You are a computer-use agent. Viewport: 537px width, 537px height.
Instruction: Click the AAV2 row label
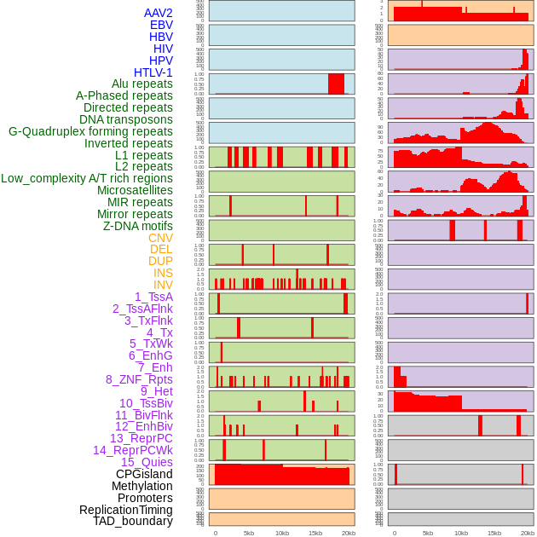[x=159, y=13]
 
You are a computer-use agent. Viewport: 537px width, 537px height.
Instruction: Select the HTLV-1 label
[x=153, y=72]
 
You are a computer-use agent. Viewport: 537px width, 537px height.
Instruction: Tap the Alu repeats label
[x=142, y=84]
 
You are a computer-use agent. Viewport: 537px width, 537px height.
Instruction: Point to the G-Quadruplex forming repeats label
[x=90, y=131]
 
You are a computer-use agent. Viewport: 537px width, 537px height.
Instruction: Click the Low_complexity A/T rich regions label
[x=87, y=178]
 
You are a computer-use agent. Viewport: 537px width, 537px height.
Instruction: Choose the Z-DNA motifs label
[x=138, y=226]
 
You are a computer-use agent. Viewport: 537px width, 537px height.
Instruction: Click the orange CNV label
[x=160, y=238]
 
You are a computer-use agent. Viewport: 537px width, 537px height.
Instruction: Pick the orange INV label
[x=163, y=285]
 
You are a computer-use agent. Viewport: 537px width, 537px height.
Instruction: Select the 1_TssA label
[x=153, y=297]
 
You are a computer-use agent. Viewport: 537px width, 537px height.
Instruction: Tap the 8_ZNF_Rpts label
[x=139, y=379]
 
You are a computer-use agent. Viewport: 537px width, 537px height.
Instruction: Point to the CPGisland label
[x=144, y=474]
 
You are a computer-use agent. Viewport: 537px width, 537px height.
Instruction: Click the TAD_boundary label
[x=133, y=521]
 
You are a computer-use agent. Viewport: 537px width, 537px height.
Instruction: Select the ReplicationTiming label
[x=126, y=510]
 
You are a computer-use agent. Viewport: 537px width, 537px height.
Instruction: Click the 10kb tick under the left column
[x=281, y=533]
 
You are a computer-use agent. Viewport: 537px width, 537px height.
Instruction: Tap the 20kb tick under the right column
[x=528, y=533]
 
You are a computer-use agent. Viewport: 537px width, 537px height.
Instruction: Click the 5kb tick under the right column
[x=428, y=533]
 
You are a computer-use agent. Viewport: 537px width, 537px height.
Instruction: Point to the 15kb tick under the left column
[x=315, y=533]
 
